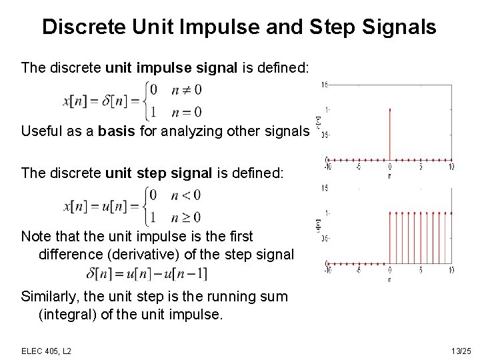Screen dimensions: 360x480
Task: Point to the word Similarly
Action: [49, 297]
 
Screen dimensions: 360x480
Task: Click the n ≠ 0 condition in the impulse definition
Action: [186, 89]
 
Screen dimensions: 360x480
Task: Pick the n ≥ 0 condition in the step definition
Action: [186, 217]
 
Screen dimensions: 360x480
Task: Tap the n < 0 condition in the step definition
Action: [186, 195]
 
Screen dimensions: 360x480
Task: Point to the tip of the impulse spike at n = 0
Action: [389, 109]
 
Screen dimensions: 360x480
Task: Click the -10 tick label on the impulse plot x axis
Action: [327, 167]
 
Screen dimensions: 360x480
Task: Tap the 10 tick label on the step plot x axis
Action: [451, 270]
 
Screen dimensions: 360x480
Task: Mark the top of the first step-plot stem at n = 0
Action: [389, 212]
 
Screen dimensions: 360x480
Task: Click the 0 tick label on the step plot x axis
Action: [389, 270]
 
